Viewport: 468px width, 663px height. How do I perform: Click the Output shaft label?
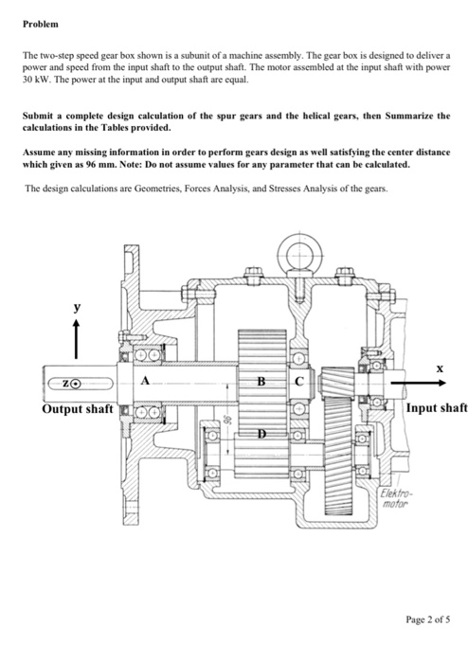click(76, 409)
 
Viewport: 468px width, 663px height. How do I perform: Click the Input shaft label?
click(436, 409)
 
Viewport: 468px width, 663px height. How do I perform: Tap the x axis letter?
click(440, 365)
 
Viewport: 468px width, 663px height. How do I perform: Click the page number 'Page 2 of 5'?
click(425, 622)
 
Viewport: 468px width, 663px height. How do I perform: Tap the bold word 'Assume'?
click(39, 151)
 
